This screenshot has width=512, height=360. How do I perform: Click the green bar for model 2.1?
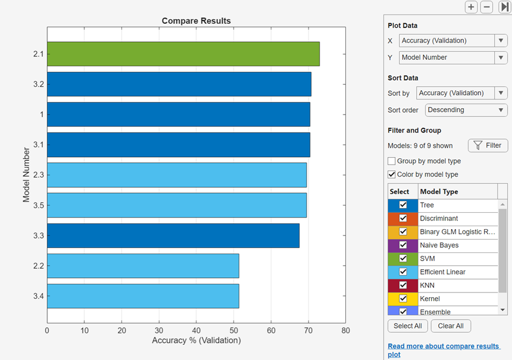[x=183, y=54]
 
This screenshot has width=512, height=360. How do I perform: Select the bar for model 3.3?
[x=173, y=236]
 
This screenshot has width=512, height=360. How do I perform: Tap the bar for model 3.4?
[x=143, y=296]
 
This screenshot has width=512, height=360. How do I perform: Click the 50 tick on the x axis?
[x=234, y=330]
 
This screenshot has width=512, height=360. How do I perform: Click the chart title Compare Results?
[x=196, y=21]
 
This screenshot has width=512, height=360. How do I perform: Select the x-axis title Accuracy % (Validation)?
[x=196, y=340]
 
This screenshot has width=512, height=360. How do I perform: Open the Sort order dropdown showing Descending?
[x=466, y=110]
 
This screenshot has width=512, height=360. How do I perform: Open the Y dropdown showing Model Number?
[x=453, y=58]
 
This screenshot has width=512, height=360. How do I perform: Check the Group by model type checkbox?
[x=392, y=161]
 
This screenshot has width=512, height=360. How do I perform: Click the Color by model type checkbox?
[x=392, y=174]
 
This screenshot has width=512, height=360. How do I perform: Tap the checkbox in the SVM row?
[x=403, y=259]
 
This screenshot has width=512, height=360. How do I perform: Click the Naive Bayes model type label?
[x=439, y=245]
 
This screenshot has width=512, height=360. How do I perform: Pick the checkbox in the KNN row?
[x=403, y=286]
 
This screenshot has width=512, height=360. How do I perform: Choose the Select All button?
[x=407, y=326]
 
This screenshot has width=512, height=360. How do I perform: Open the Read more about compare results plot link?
[x=443, y=350]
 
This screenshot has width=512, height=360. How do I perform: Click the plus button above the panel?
[x=471, y=8]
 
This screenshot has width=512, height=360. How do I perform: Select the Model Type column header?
[x=439, y=191]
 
